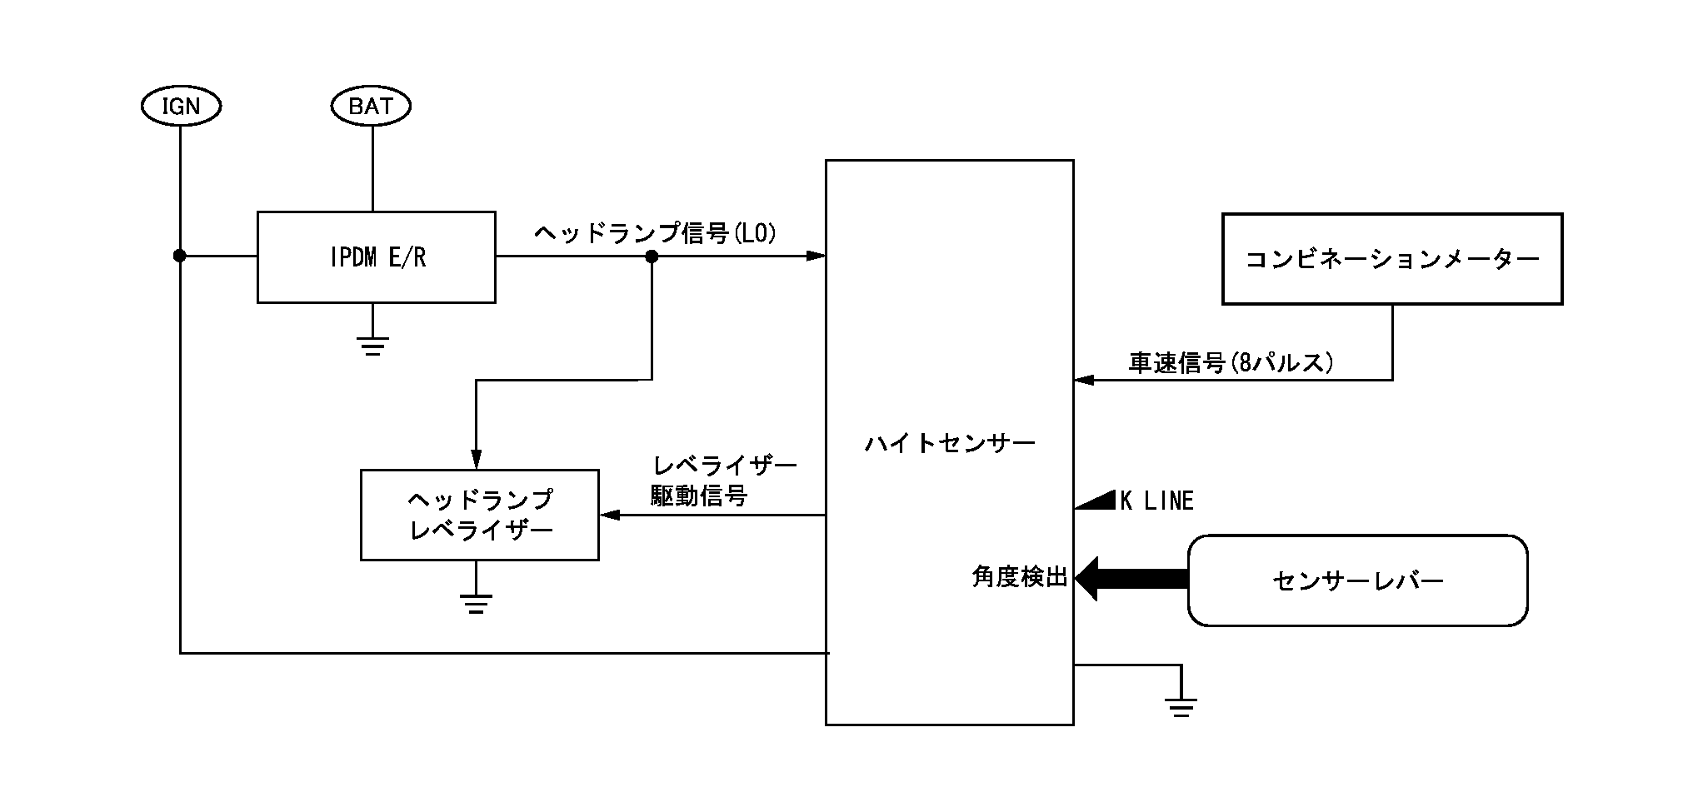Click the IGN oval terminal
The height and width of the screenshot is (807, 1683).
(x=180, y=107)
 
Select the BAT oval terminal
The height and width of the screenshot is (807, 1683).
(x=371, y=107)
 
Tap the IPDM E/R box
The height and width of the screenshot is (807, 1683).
(x=376, y=257)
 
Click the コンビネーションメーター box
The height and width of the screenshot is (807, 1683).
(x=1391, y=259)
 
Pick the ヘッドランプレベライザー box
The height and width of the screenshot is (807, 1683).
(x=479, y=515)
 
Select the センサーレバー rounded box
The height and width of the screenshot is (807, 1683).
(x=1357, y=580)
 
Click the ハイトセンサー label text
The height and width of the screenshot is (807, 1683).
(x=950, y=443)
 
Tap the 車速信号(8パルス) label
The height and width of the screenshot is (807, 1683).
(x=1231, y=363)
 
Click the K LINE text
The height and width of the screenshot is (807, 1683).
(x=1156, y=501)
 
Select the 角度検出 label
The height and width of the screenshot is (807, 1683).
(x=1020, y=577)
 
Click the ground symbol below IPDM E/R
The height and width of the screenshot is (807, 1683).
(x=372, y=345)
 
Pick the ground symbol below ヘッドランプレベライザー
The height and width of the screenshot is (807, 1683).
(x=476, y=603)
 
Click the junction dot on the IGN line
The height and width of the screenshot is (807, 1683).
(x=179, y=257)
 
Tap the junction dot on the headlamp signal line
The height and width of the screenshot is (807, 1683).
(x=652, y=257)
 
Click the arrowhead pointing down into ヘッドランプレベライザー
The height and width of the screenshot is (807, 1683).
(x=476, y=459)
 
